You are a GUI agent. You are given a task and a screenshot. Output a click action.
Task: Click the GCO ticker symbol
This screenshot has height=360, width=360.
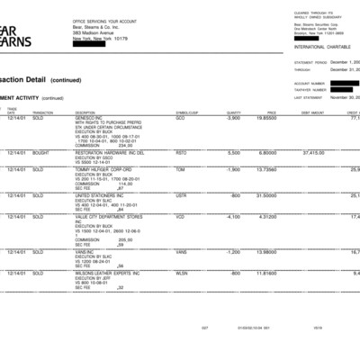180,118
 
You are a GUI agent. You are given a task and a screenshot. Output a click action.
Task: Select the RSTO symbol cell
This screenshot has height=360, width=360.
181,153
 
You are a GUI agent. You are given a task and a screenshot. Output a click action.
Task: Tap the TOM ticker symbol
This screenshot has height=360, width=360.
180,169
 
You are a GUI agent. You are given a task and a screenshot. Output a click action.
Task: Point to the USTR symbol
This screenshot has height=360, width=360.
181,194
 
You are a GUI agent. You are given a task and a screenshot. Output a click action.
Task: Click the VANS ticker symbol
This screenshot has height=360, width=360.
181,251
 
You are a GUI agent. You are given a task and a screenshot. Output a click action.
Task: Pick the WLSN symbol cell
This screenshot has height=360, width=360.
182,273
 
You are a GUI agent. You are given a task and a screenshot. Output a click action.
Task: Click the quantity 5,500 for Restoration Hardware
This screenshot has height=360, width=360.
234,153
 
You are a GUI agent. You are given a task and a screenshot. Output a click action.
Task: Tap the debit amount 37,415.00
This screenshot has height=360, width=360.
312,153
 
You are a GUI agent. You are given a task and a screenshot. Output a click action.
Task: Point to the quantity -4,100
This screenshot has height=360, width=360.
232,216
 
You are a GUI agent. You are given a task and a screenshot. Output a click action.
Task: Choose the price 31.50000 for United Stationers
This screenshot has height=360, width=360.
266,194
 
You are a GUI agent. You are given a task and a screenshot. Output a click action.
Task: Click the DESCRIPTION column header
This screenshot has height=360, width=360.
87,112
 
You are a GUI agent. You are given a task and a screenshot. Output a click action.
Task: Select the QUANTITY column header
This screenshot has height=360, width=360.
233,112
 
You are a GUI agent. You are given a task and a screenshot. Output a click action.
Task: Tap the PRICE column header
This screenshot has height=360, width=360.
271,112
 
